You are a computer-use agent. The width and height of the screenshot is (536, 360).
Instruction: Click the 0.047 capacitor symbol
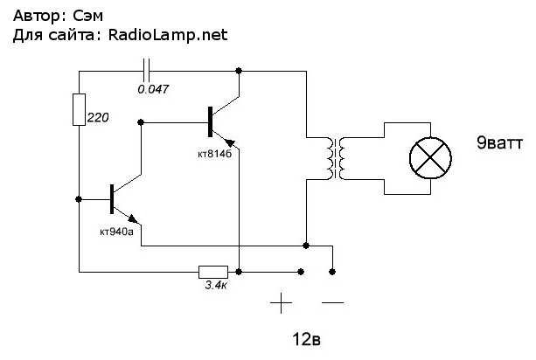(x=146, y=71)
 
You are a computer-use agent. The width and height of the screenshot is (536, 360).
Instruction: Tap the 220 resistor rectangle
(x=79, y=109)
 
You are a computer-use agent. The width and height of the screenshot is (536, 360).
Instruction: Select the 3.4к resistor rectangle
(x=213, y=272)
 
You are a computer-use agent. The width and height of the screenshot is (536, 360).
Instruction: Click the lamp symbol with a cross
(x=430, y=158)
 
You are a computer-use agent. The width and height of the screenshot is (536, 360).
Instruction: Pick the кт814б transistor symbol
(x=224, y=122)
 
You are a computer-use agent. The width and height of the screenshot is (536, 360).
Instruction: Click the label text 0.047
(x=153, y=89)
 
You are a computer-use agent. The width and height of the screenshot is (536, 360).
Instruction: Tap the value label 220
(x=98, y=117)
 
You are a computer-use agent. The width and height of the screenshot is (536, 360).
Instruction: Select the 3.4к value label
(x=216, y=285)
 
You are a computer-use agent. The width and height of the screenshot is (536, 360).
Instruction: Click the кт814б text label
(x=215, y=154)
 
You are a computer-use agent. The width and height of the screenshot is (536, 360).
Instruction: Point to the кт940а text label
(x=116, y=232)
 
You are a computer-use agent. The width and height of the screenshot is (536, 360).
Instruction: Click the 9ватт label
(x=499, y=142)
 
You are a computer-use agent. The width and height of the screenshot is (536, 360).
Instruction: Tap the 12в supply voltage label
(x=306, y=339)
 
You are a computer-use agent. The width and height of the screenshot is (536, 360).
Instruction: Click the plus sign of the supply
(x=281, y=303)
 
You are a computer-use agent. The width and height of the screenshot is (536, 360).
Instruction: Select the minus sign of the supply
(x=332, y=302)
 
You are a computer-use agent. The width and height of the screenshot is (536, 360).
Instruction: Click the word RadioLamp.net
(x=168, y=35)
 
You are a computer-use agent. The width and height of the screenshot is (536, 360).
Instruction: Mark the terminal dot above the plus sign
(x=301, y=272)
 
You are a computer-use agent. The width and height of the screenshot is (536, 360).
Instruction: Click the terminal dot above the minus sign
(x=332, y=272)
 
